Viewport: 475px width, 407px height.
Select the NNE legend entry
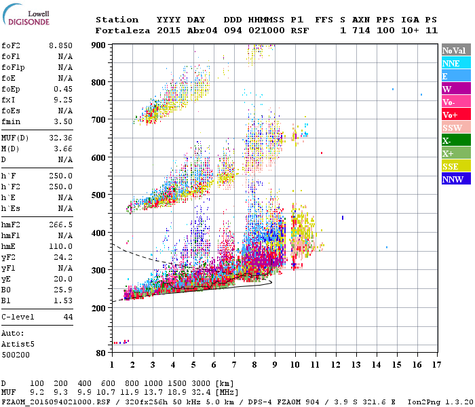coord(451,63)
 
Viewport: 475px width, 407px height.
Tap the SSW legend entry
coord(452,128)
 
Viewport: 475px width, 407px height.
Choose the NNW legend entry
coord(453,180)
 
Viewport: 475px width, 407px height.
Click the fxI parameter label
coord(8,100)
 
